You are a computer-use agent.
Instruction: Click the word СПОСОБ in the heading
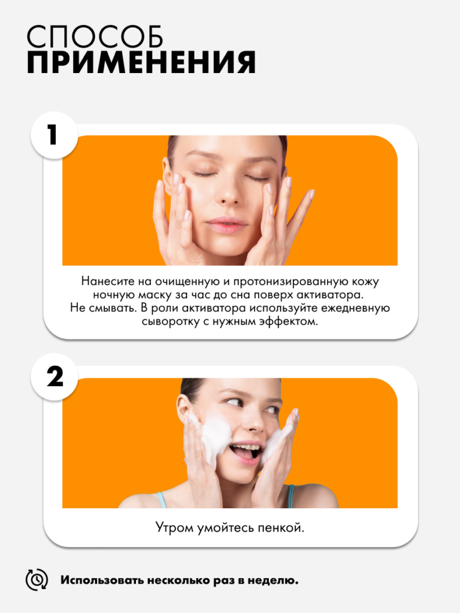point(95,38)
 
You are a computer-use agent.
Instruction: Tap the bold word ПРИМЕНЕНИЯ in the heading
point(141,62)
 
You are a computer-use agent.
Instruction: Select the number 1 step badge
point(55,135)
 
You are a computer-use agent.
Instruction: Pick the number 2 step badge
point(55,377)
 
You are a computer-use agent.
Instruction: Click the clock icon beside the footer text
point(37,579)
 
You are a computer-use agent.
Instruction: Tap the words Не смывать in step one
point(103,308)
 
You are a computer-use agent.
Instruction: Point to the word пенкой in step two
point(280,528)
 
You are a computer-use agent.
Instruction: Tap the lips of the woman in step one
point(226,226)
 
